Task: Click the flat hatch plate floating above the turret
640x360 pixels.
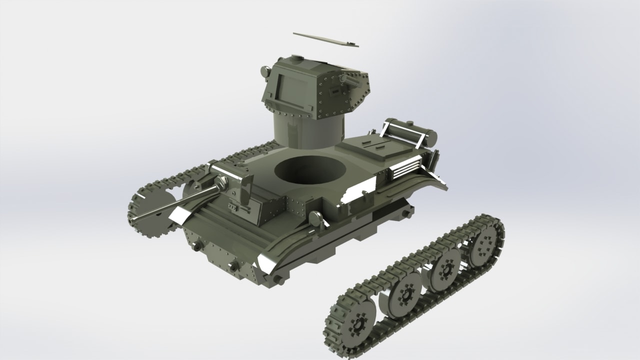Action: click(x=326, y=40)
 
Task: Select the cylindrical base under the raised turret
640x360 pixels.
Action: click(x=307, y=131)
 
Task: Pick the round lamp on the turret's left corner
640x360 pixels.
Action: click(x=265, y=72)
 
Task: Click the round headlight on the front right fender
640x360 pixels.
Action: click(x=315, y=218)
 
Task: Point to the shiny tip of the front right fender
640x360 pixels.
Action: click(x=267, y=264)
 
